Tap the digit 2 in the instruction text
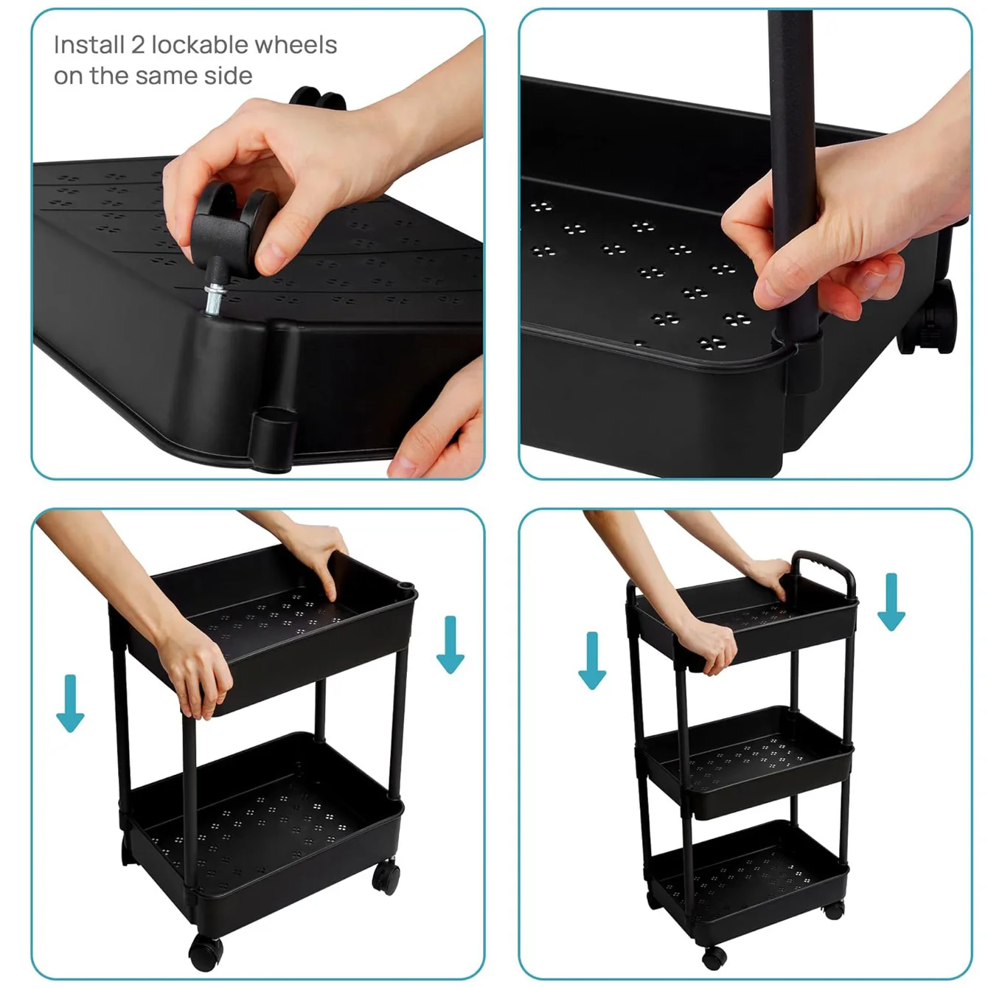pyautogui.click(x=137, y=45)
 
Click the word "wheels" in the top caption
pyautogui.click(x=296, y=44)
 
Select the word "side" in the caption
pyautogui.click(x=229, y=76)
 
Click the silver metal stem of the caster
pyautogui.click(x=215, y=299)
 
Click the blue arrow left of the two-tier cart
pyautogui.click(x=70, y=703)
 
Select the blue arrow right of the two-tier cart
pyautogui.click(x=450, y=644)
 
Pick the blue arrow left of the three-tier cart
pyautogui.click(x=592, y=661)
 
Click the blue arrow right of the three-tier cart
pyautogui.click(x=891, y=602)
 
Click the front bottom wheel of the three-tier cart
pyautogui.click(x=714, y=957)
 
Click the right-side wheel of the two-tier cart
pyautogui.click(x=386, y=877)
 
